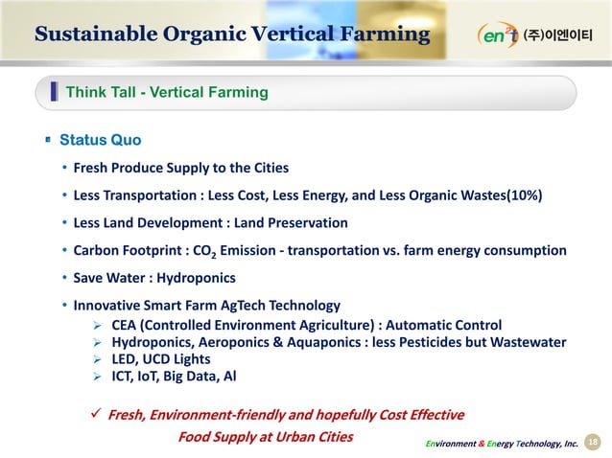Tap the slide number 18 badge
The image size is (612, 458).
(x=592, y=439)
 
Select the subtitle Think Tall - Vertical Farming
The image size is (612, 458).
(x=166, y=93)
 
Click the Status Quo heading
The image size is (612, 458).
(x=100, y=141)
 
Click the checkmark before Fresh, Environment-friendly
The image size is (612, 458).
(x=95, y=415)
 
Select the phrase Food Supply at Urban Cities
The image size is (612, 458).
(x=266, y=437)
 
